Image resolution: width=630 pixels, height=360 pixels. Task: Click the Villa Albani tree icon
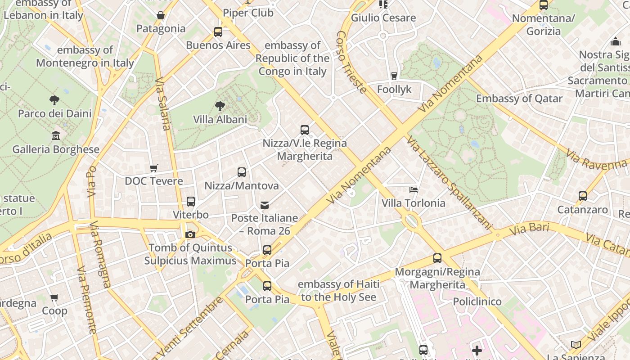[x=220, y=106]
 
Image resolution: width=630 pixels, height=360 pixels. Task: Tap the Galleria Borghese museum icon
[x=56, y=135]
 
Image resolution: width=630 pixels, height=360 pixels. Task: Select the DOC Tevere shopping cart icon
[x=154, y=168]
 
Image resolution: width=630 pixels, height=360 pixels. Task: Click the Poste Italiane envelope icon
[x=265, y=205]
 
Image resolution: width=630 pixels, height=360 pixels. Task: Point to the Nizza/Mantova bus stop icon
[x=242, y=172]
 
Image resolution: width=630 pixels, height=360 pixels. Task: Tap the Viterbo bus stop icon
[x=191, y=201]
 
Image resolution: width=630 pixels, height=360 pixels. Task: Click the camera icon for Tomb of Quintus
[x=190, y=234]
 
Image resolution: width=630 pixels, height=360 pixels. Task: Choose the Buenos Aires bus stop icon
[x=218, y=31]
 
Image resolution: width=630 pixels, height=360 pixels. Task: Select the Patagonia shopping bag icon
[x=161, y=15]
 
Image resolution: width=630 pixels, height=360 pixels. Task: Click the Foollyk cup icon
[x=394, y=76]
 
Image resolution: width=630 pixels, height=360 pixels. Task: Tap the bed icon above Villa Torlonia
[x=414, y=190]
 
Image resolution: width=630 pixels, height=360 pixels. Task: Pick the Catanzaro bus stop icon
[x=583, y=196]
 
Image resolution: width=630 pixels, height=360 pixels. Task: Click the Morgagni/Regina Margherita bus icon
[x=437, y=258]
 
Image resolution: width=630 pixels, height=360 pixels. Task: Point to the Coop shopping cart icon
[x=54, y=297]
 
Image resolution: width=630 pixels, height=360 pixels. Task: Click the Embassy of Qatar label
[x=519, y=99]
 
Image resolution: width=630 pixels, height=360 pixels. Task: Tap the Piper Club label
[x=248, y=13]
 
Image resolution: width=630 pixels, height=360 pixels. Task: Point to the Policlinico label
[x=477, y=301]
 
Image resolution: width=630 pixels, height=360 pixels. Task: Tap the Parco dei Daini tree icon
[x=54, y=100]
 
